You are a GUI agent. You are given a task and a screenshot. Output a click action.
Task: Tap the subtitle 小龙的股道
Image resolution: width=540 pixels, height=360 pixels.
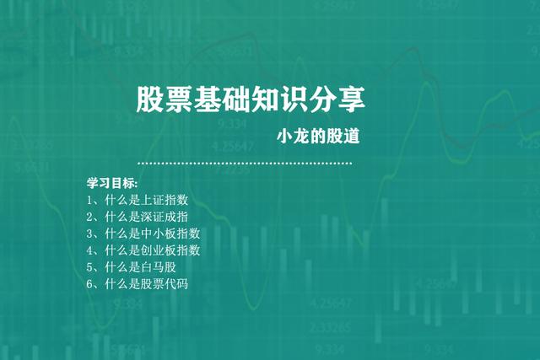click(325, 137)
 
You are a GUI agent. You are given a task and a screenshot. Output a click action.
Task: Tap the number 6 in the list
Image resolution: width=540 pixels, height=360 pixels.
click(89, 284)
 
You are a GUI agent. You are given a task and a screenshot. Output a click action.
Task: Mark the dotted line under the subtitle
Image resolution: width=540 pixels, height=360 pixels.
click(245, 163)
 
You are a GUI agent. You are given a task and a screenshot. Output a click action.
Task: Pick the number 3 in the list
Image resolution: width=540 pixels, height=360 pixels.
click(89, 234)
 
